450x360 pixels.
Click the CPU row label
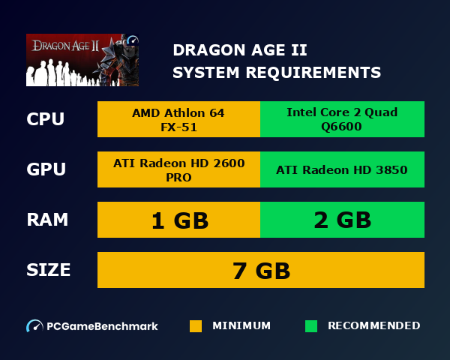[x=46, y=119]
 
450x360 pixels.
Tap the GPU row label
[x=46, y=169]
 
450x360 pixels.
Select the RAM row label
[x=47, y=220]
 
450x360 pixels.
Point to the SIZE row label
[x=49, y=270]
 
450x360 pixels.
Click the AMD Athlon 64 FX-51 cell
[x=178, y=119]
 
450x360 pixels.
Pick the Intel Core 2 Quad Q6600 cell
[x=342, y=119]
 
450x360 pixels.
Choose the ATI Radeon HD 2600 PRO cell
[x=178, y=170]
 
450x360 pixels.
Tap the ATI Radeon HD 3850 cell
[x=342, y=170]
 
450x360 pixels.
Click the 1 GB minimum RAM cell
[x=178, y=220]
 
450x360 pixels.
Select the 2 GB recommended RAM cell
[x=342, y=220]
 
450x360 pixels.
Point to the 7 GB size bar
[x=260, y=270]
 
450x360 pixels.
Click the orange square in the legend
[x=196, y=326]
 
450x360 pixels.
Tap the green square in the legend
[x=311, y=326]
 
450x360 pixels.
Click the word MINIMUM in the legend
[x=241, y=326]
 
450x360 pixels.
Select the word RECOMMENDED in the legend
[x=373, y=326]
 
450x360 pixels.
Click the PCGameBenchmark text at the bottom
[x=102, y=326]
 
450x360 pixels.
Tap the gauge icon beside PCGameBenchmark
[x=34, y=326]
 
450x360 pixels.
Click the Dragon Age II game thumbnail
[x=82, y=60]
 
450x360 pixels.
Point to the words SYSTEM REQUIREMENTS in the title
[x=276, y=73]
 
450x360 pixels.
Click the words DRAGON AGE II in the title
[x=239, y=50]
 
